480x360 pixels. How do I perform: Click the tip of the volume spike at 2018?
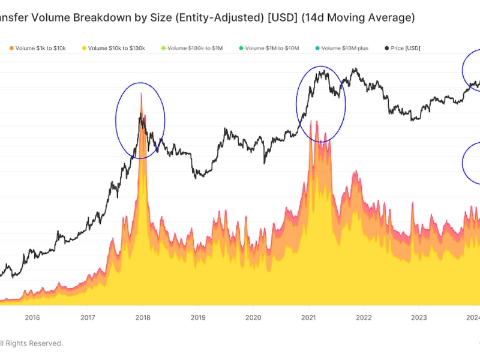click(x=141, y=93)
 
